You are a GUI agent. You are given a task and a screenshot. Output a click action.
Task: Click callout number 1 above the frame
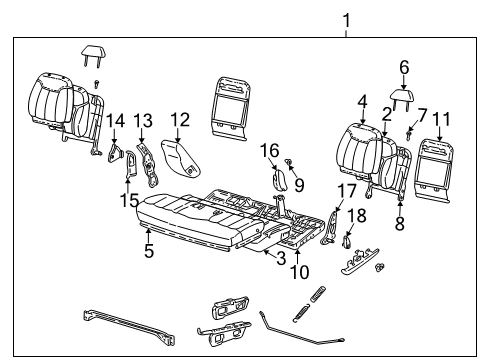(346, 20)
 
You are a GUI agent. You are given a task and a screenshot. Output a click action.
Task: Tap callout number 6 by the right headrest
(404, 67)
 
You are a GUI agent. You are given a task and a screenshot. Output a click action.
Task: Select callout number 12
(179, 120)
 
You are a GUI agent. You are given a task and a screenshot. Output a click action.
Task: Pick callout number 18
(358, 216)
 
